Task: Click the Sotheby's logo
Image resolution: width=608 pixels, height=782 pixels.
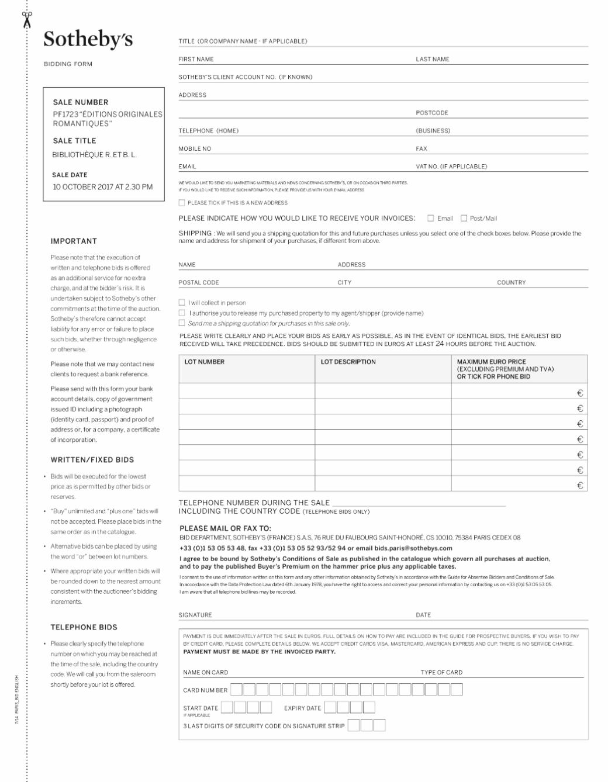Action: pos(88,39)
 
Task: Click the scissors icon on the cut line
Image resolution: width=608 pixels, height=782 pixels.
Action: pos(27,19)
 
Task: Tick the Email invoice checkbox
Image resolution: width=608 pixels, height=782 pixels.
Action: pos(431,219)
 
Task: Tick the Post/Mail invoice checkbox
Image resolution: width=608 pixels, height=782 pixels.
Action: pos(464,219)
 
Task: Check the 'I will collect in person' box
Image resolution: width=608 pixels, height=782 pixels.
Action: pos(182,303)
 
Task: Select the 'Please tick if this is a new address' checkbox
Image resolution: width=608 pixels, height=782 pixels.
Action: pos(182,203)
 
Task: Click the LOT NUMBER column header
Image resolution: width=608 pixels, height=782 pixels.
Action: pos(205,362)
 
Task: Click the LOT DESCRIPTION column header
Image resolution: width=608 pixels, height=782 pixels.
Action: pos(348,362)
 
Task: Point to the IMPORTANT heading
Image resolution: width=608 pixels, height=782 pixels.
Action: pos(74,241)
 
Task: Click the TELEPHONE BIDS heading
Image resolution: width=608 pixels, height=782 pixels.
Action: pos(84,627)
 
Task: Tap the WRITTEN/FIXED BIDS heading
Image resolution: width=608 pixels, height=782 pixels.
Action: pos(92,460)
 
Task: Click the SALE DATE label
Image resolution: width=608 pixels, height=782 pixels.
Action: pos(70,175)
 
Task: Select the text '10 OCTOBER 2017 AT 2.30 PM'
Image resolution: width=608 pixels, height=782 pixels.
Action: pos(103,187)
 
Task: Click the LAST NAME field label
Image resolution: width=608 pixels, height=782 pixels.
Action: pos(433,59)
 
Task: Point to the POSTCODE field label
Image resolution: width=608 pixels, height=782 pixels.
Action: pos(432,113)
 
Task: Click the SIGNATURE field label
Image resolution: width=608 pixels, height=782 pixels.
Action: pos(195,615)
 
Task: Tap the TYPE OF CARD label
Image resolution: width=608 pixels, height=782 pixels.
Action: pos(441,672)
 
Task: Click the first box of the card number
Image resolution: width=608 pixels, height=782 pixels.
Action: pos(236,690)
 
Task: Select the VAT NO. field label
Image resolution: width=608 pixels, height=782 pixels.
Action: pos(451,167)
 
